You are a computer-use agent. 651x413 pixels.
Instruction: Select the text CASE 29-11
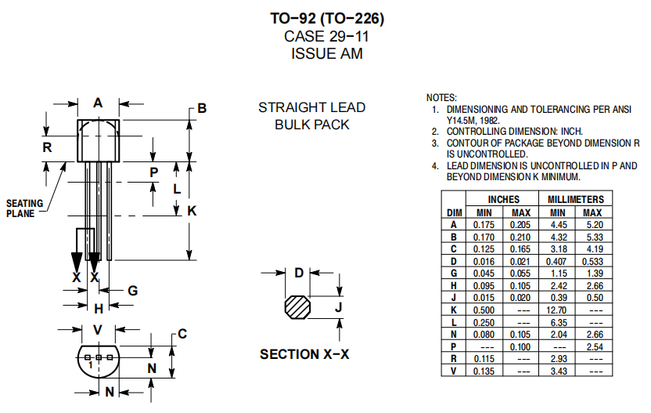[327, 37]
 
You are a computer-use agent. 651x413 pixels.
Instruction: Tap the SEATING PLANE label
[25, 208]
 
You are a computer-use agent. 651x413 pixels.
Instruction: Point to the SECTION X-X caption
[304, 354]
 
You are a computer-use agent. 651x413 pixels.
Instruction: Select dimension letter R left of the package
[47, 147]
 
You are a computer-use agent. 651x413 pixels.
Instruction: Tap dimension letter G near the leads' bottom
[133, 290]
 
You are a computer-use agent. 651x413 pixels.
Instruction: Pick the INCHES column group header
[503, 200]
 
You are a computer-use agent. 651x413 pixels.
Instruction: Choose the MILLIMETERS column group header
[575, 200]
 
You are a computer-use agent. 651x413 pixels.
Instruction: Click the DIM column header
[455, 212]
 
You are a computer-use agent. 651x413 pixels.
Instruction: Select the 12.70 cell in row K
[557, 310]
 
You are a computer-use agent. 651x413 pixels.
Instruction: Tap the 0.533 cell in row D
[592, 261]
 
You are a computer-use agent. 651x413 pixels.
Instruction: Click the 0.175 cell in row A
[485, 224]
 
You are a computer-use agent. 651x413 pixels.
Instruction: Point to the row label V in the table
[454, 371]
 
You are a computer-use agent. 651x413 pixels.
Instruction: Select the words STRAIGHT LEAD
[311, 107]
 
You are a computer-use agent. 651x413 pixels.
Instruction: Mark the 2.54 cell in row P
[592, 346]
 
